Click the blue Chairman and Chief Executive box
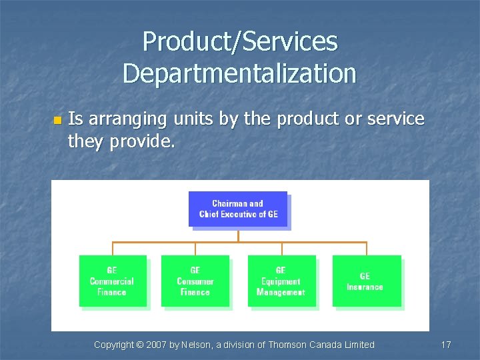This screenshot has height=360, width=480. click(238, 209)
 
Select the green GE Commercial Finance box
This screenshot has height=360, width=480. click(112, 281)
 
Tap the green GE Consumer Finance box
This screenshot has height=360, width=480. click(195, 281)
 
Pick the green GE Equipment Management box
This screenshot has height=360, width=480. click(281, 281)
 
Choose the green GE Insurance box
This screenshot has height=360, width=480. click(366, 281)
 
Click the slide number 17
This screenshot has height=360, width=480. click(446, 345)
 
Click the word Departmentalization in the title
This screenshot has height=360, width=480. click(239, 73)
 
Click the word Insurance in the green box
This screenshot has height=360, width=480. click(365, 287)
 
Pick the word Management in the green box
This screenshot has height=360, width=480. click(281, 292)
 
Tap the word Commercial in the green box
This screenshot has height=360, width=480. click(112, 281)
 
